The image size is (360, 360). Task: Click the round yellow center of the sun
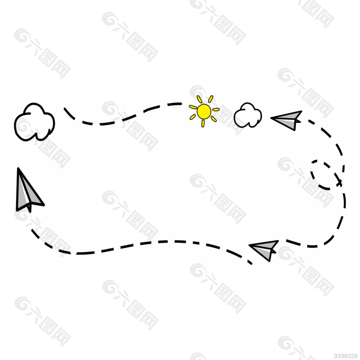point(204,111)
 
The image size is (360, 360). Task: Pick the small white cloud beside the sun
point(248,115)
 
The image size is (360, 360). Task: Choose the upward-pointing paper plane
point(27,191)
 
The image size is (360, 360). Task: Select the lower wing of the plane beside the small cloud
point(287,123)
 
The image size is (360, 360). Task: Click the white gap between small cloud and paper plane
point(266,116)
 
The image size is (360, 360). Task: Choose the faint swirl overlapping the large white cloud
point(25,127)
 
